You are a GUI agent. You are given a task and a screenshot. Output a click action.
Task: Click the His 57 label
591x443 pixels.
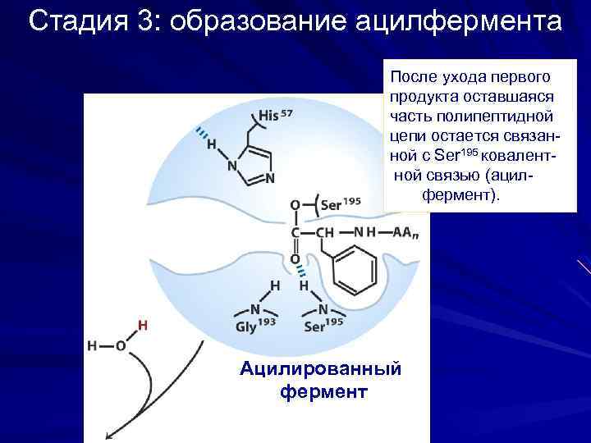click(x=275, y=116)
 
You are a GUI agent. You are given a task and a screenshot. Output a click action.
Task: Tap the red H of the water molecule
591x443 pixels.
click(x=142, y=325)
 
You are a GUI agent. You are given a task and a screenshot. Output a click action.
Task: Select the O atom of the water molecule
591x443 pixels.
click(x=120, y=345)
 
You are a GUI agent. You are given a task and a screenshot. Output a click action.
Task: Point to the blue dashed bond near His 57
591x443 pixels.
click(x=200, y=133)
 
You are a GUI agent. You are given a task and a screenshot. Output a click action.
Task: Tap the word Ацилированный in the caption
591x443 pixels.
click(x=320, y=368)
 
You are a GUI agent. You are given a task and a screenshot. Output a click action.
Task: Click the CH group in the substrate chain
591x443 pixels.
click(x=325, y=232)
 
